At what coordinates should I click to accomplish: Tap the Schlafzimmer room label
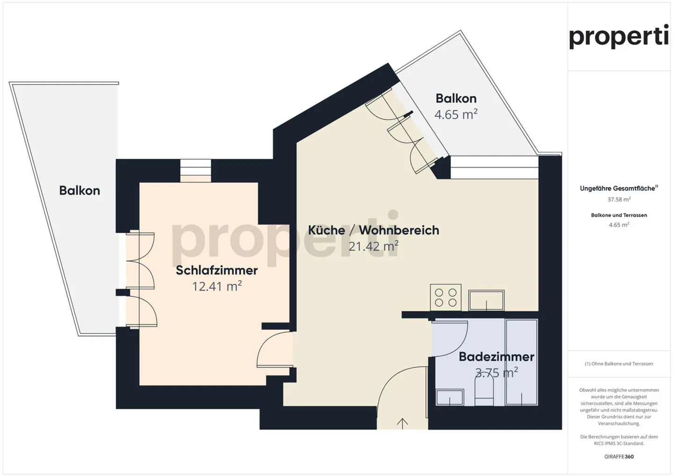tap(216, 270)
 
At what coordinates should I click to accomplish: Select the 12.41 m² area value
tap(216, 286)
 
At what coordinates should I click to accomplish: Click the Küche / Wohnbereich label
tap(373, 230)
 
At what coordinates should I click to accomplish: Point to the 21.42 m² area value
tap(373, 246)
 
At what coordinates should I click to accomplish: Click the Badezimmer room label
tap(496, 356)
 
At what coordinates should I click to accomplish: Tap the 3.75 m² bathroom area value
tap(496, 373)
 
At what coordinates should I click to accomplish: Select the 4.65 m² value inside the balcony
tap(456, 114)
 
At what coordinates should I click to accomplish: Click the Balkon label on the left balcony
tap(79, 191)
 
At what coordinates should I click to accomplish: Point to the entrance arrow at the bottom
tap(402, 423)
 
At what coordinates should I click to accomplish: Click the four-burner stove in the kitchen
tap(445, 298)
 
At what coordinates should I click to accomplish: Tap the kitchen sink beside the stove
tap(487, 300)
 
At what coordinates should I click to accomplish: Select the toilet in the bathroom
tap(484, 391)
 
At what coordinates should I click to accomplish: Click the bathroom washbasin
tap(450, 398)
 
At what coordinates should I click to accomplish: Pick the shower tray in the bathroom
tap(522, 362)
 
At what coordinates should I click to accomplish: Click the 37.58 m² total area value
tap(619, 199)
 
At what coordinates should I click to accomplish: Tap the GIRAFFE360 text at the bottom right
tap(619, 456)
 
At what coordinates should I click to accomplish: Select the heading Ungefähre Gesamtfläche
tap(618, 188)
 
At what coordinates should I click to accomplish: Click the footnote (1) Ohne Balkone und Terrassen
tap(619, 363)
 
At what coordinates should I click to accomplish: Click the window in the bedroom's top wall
tap(196, 171)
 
